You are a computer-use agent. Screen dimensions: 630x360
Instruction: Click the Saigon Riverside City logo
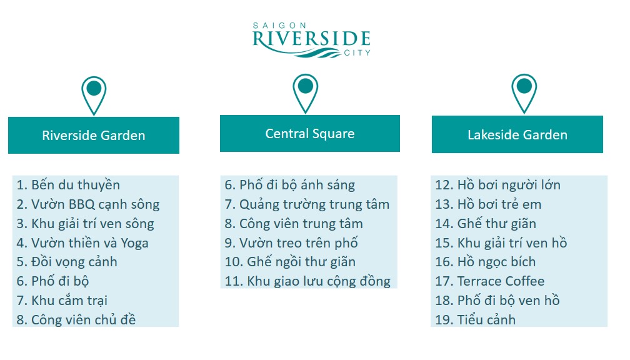pos(311,39)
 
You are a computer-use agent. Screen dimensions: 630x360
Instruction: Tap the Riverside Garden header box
pos(94,135)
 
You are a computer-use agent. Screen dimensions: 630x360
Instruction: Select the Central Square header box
pos(310,133)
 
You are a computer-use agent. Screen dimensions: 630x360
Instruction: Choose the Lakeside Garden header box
pos(517,134)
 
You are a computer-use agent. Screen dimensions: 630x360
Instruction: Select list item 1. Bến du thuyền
pos(68,185)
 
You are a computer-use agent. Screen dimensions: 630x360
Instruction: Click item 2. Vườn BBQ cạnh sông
pos(88,204)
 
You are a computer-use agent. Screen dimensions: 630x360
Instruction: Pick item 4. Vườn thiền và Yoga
pos(82,242)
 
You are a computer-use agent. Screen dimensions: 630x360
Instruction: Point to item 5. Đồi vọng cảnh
pos(67,262)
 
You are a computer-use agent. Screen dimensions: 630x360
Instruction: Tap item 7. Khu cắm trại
pos(62,301)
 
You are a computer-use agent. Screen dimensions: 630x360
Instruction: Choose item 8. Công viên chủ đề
pos(76,320)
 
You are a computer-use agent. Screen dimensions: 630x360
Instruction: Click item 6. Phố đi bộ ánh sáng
pos(290,185)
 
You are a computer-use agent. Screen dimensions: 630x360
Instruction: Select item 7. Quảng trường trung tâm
pos(307,204)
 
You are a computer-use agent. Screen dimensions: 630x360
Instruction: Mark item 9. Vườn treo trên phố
pos(291,242)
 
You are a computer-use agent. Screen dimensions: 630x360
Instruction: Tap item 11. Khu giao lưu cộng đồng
pos(307,281)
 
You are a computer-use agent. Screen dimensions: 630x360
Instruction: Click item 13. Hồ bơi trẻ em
pos(488,204)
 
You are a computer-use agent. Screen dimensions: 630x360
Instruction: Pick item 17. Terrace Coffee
pos(490,281)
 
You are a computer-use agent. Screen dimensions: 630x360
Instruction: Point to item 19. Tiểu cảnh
pos(475,320)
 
